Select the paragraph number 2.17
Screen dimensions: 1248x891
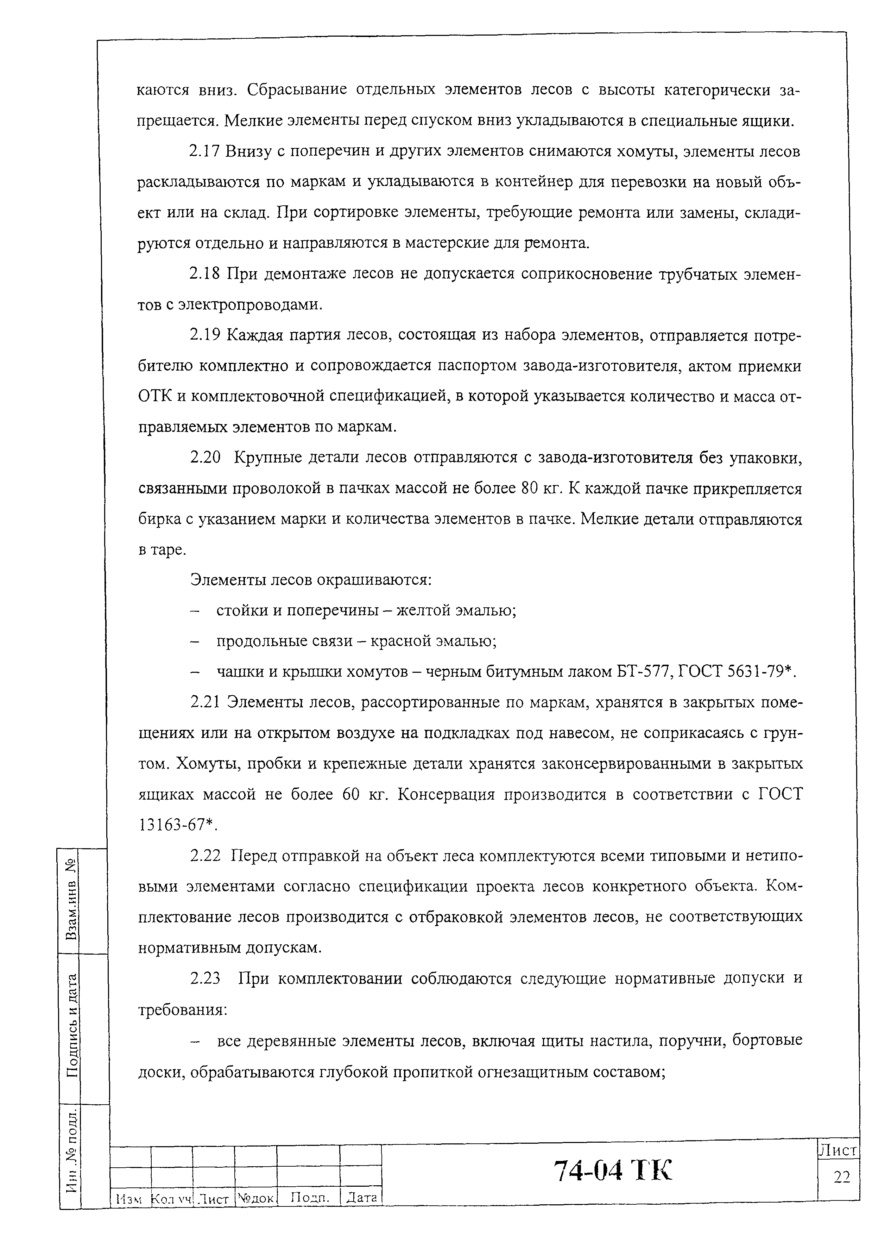[x=205, y=151]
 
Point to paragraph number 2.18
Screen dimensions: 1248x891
[x=205, y=273]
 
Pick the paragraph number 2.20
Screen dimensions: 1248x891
[x=205, y=457]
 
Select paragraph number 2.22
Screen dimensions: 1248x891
[x=205, y=856]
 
